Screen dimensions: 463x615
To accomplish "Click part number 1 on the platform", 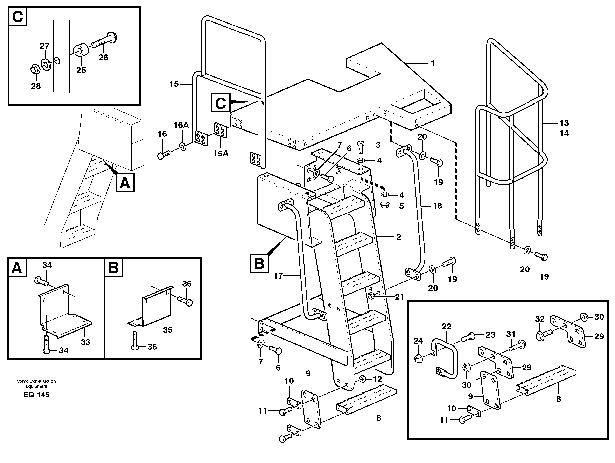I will click(432, 63).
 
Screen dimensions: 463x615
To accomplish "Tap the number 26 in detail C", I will click(103, 58).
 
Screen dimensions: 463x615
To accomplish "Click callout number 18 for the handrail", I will click(437, 206).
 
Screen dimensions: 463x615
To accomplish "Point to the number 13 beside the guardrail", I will click(564, 123).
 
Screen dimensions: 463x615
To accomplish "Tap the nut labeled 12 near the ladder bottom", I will click(362, 379).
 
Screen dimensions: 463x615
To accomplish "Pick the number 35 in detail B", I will click(167, 330).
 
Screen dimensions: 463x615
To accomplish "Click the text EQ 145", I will click(36, 395).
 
